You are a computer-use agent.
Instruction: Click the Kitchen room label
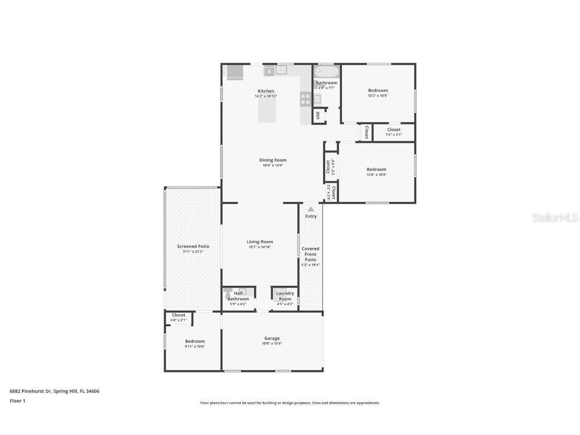tap(266, 91)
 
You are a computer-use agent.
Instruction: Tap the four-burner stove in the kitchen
tap(305, 99)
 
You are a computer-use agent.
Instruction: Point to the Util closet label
tap(318, 116)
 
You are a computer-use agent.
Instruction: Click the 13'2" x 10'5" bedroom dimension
tap(378, 96)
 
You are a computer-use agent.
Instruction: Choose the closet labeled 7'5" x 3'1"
tap(394, 132)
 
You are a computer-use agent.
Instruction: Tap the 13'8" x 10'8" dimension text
tap(377, 175)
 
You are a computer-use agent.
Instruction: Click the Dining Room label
tap(273, 160)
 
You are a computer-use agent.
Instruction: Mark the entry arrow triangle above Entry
tap(311, 209)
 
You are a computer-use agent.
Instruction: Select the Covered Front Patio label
tap(310, 254)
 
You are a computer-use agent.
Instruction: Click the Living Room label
tap(260, 242)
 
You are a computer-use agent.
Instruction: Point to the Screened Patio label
tap(193, 246)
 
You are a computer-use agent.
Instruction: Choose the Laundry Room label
tap(285, 296)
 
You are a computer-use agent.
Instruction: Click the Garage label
tap(272, 338)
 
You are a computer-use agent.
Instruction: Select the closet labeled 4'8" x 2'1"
tap(178, 317)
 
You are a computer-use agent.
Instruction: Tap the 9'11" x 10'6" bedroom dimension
tap(195, 346)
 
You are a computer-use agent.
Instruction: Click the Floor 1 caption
tap(17, 401)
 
